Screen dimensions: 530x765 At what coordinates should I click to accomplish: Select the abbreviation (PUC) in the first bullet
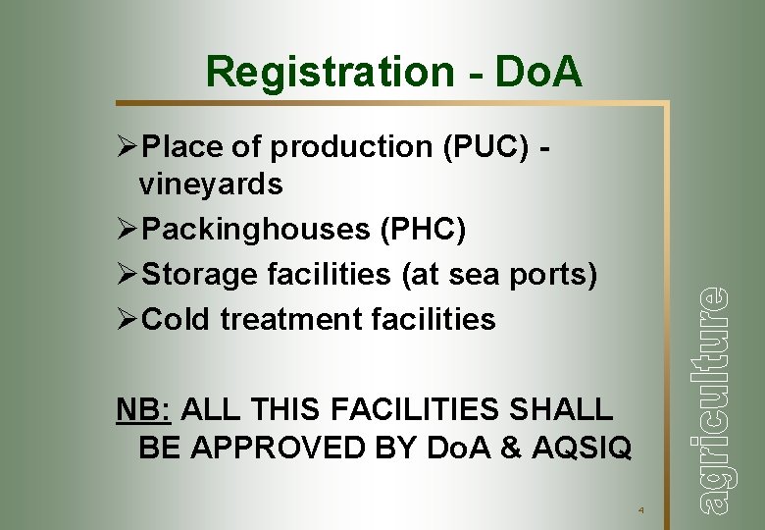(479, 147)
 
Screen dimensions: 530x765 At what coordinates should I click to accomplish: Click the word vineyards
(211, 184)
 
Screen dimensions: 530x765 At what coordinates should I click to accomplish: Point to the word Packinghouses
(256, 230)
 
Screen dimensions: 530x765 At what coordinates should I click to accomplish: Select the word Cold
(178, 319)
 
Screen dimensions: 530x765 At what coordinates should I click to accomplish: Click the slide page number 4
(639, 510)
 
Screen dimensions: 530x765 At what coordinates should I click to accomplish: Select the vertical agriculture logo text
(715, 397)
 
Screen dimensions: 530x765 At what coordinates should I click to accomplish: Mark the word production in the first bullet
(339, 147)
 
